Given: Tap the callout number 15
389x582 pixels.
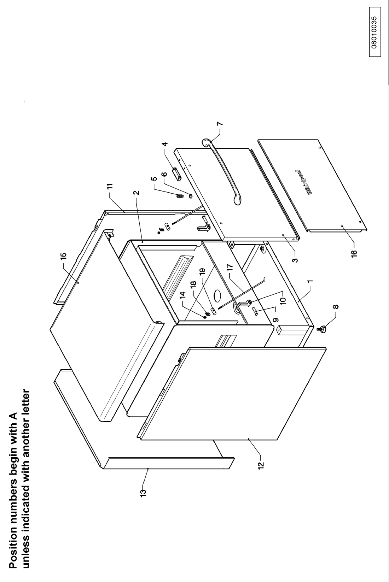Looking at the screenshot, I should (63, 255).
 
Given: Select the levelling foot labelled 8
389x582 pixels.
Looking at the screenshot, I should (323, 329).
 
